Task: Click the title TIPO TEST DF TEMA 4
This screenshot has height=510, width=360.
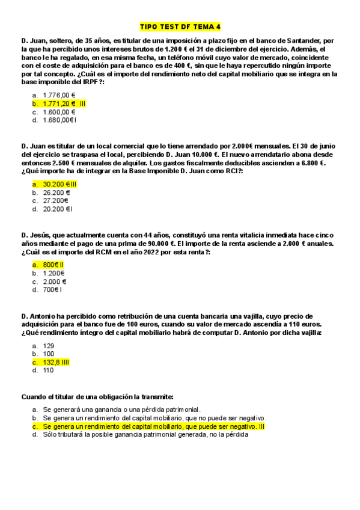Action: coord(180,26)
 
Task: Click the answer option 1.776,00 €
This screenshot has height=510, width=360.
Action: coord(59,95)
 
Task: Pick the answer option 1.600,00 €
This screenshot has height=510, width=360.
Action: coord(59,112)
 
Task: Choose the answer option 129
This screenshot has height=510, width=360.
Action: coord(49,345)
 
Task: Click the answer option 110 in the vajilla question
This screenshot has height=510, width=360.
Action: coord(49,370)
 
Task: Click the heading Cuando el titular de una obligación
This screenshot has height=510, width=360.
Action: coord(97,397)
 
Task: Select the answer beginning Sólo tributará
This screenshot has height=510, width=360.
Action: coord(145,434)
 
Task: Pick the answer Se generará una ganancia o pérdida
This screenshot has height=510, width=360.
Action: coord(121,409)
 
